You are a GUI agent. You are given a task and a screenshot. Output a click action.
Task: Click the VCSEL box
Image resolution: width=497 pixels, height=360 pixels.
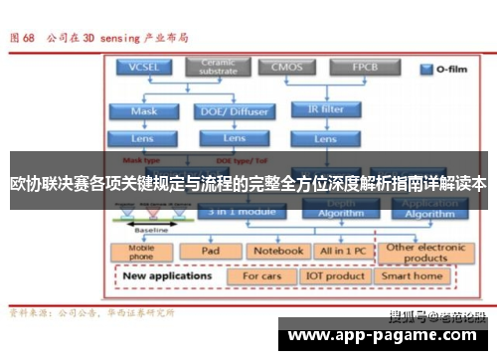pos(144,68)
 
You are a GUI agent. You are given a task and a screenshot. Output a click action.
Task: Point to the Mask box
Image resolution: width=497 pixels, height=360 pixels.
pos(144,111)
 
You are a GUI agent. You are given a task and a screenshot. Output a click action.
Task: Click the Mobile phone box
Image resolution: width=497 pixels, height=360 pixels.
pos(142,252)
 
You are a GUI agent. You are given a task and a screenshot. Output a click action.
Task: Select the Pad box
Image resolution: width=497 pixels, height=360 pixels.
pos(210,252)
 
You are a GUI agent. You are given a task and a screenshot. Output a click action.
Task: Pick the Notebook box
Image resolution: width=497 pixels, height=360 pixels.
pos(276,252)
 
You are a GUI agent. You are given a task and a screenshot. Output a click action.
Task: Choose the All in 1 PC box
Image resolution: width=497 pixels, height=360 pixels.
pos(343,252)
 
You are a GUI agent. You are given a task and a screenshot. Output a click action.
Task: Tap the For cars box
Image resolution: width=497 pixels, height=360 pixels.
pos(262,275)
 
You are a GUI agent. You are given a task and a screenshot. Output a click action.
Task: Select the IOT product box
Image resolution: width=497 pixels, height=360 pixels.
pos(336,275)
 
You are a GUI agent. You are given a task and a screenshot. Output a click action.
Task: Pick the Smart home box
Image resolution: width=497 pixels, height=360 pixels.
pos(414,275)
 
